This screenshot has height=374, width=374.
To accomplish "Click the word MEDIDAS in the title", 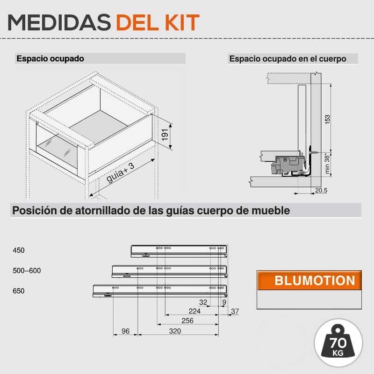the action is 59,22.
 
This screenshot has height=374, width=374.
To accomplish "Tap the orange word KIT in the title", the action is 182,22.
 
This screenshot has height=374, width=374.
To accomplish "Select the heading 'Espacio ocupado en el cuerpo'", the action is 288,59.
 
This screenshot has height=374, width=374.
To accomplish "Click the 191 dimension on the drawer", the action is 165,135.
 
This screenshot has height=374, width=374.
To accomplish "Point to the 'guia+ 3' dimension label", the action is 120,173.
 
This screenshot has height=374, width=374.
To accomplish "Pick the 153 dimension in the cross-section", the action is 328,119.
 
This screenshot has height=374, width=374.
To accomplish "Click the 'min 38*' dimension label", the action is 327,164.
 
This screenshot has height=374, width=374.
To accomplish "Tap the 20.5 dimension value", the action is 321,190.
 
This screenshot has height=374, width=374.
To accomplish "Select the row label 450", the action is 19,250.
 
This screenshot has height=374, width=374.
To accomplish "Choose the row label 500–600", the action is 27,271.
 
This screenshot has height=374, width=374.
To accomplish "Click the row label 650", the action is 19,291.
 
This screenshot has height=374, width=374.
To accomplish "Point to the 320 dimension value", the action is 175,331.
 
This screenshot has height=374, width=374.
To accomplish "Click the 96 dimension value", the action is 125,331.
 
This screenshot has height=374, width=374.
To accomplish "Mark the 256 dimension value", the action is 187,321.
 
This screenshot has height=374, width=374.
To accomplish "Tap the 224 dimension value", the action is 194,311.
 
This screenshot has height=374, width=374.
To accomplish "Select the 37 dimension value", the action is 235,311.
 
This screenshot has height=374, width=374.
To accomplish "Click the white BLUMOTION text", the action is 315,280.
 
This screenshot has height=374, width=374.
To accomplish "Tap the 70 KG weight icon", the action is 338,343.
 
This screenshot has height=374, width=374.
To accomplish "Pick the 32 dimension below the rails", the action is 203,302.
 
